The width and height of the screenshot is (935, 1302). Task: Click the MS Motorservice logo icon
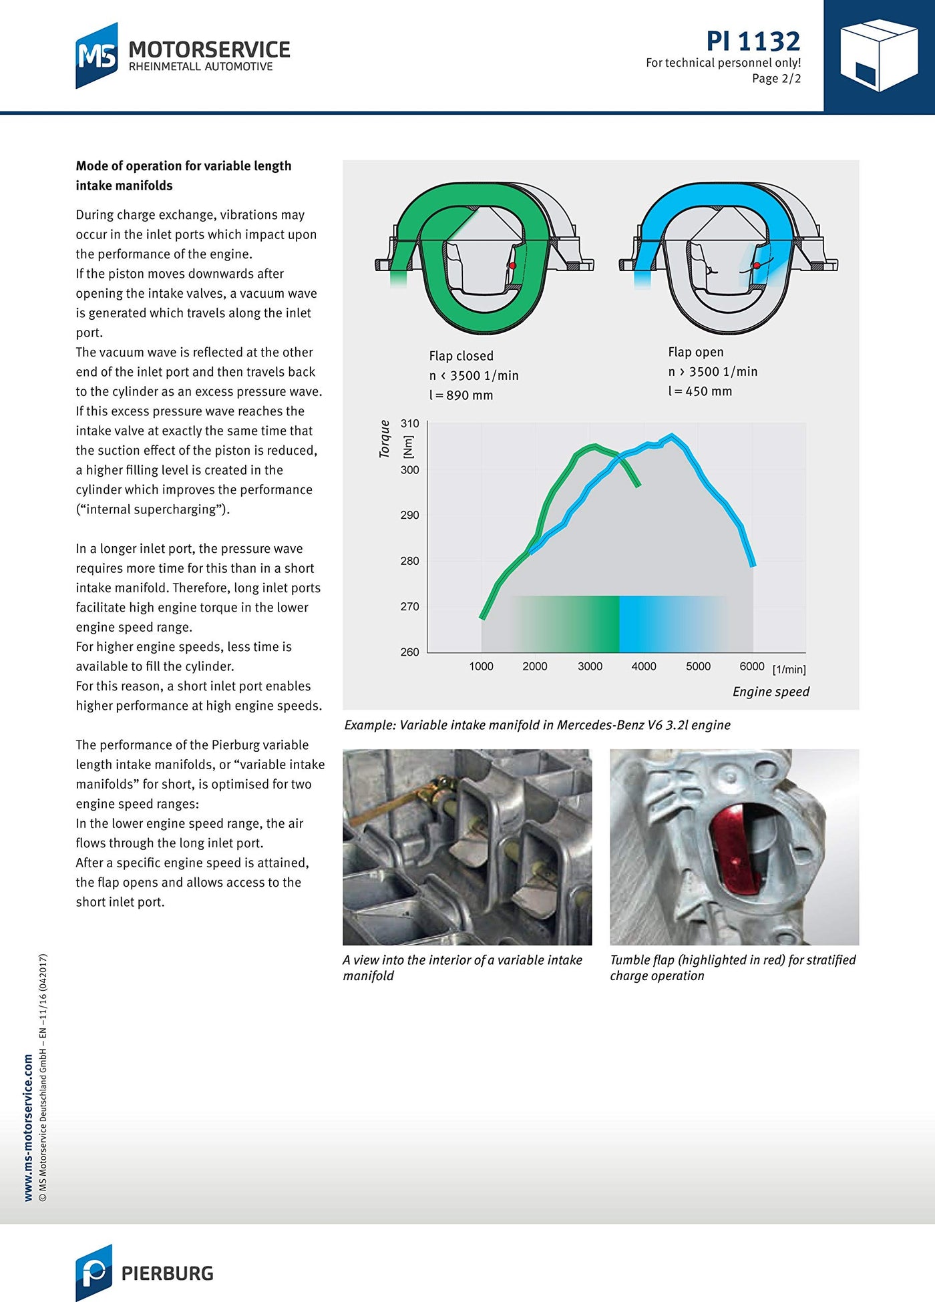tap(97, 55)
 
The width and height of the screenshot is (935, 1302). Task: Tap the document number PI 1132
tap(753, 41)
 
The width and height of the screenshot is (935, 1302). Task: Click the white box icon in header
tap(878, 55)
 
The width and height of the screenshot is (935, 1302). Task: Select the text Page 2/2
tap(776, 79)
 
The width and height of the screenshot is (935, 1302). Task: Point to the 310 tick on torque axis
tap(410, 423)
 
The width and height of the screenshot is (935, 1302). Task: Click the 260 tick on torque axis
tap(410, 652)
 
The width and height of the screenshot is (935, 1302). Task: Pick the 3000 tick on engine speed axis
tap(590, 666)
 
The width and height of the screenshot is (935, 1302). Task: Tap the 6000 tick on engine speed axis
tap(752, 666)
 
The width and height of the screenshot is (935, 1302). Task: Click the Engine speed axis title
tap(771, 692)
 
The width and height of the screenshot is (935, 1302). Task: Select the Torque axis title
tap(385, 439)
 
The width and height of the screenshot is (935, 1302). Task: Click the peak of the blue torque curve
tap(672, 436)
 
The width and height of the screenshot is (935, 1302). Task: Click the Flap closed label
tap(461, 356)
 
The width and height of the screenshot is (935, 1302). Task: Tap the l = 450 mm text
tap(700, 391)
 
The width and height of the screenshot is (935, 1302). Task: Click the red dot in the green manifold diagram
tap(512, 266)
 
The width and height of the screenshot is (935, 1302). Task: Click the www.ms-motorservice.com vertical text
tap(28, 1128)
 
